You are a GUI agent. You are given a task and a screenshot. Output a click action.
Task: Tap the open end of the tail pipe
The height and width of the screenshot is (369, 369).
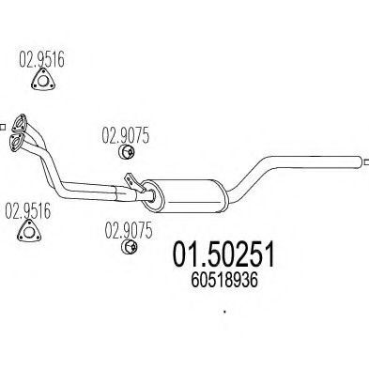(360, 161)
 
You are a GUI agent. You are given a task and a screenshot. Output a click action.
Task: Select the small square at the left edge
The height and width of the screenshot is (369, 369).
(3, 121)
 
